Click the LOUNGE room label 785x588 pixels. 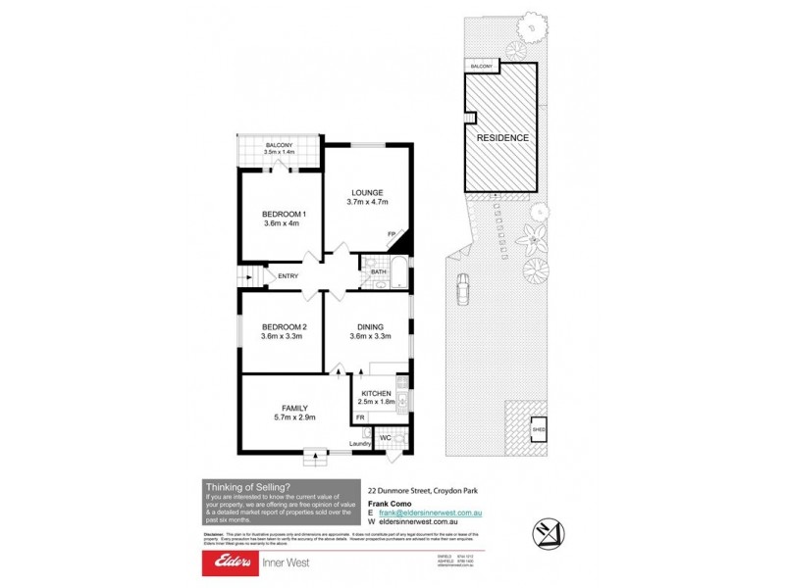point(368,192)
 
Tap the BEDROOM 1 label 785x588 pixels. point(284,215)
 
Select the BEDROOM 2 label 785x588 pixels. point(284,326)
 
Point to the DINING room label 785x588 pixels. point(370,326)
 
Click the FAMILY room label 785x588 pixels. point(295,408)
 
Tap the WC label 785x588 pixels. point(385,437)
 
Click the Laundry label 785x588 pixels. point(359,444)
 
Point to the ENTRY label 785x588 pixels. point(288,276)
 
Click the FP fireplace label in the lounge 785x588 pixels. point(391,233)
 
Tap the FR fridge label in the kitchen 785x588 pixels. point(360,418)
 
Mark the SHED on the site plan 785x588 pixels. point(539,428)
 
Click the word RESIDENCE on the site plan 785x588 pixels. point(502,138)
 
